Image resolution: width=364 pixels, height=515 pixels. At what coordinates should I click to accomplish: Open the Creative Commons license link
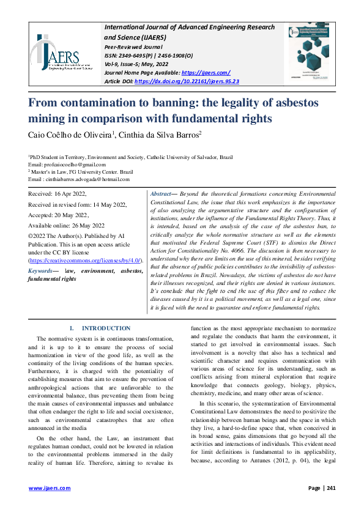click(87, 261)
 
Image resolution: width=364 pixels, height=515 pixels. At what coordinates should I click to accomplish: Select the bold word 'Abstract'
click(161, 193)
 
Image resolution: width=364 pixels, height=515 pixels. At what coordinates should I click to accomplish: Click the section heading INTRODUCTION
click(106, 328)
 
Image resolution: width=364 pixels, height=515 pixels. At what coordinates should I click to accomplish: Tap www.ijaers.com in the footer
click(50, 488)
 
